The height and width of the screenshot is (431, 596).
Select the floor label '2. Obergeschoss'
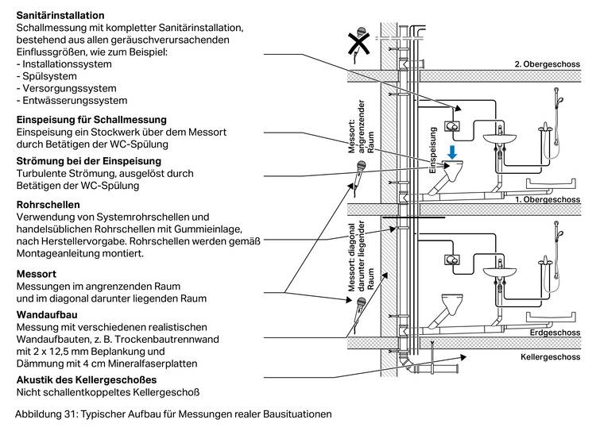[x=548, y=64]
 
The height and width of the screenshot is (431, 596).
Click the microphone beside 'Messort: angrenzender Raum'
[x=358, y=176]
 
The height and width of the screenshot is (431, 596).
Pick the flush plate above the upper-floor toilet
[x=455, y=125]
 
